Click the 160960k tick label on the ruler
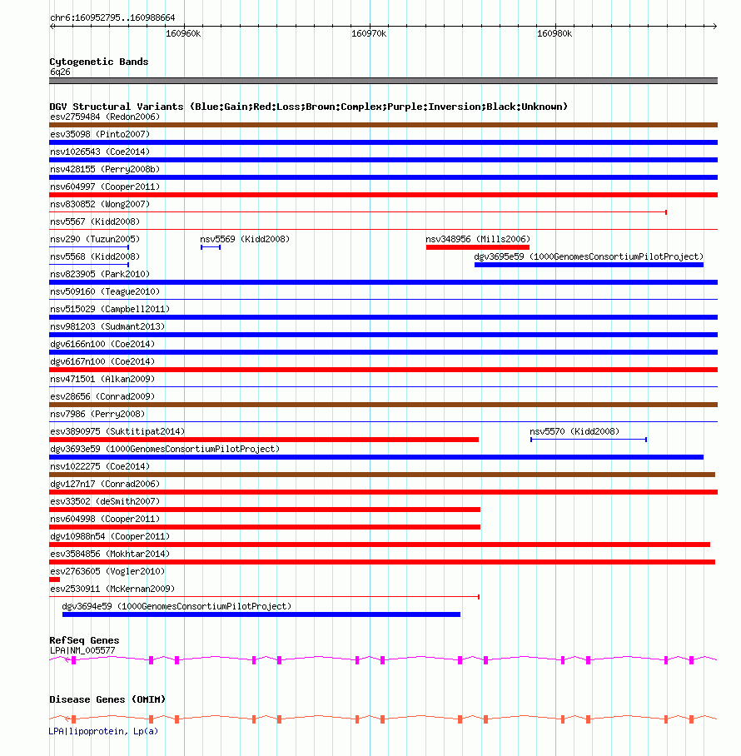[183, 34]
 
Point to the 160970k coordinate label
[369, 34]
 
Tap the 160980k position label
[555, 34]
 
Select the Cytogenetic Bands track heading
[98, 62]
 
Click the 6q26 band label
[60, 72]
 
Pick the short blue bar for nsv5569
[211, 247]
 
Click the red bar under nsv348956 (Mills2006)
[477, 247]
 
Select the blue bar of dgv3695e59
[589, 265]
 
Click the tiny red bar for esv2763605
[54, 579]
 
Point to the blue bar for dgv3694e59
[261, 614]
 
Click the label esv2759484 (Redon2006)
[104, 117]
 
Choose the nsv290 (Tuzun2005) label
[94, 239]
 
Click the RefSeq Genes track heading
[84, 640]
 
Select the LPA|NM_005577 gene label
[82, 649]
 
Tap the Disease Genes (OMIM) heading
[107, 699]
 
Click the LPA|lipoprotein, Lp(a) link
[102, 731]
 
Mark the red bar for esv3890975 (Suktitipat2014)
[264, 440]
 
